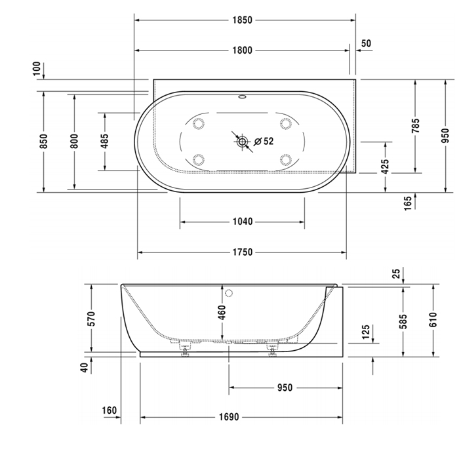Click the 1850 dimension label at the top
tap(242, 20)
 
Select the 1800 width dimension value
tap(242, 50)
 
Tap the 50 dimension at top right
tap(366, 43)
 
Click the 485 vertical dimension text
tap(105, 141)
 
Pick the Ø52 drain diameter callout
tap(264, 142)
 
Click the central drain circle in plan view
tap(242, 142)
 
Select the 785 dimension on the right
tap(415, 125)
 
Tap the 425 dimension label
tap(386, 166)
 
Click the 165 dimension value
tap(407, 203)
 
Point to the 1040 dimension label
tap(243, 222)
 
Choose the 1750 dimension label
tap(243, 252)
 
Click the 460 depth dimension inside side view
tap(222, 312)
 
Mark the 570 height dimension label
tap(91, 319)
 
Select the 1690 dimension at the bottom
tap(229, 417)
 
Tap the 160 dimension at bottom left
tap(110, 410)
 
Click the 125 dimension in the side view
tap(366, 332)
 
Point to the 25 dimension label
tap(396, 273)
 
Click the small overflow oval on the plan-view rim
tap(243, 96)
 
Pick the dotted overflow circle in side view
tap(229, 293)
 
